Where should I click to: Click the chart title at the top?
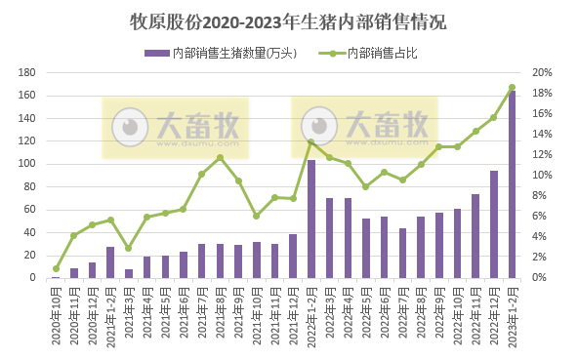[x=289, y=20]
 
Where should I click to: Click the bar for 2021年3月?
[x=129, y=273]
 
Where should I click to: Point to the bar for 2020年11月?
[x=74, y=273]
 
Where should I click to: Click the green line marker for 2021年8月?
[x=220, y=157]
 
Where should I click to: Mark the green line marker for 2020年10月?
[x=56, y=268]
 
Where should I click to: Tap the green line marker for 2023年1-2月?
[x=512, y=87]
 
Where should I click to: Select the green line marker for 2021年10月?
[x=257, y=216]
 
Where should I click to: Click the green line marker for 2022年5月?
[x=366, y=186]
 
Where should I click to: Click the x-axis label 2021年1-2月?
[x=110, y=318]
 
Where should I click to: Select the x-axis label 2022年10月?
[x=457, y=316]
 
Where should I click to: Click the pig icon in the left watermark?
[x=127, y=127]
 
